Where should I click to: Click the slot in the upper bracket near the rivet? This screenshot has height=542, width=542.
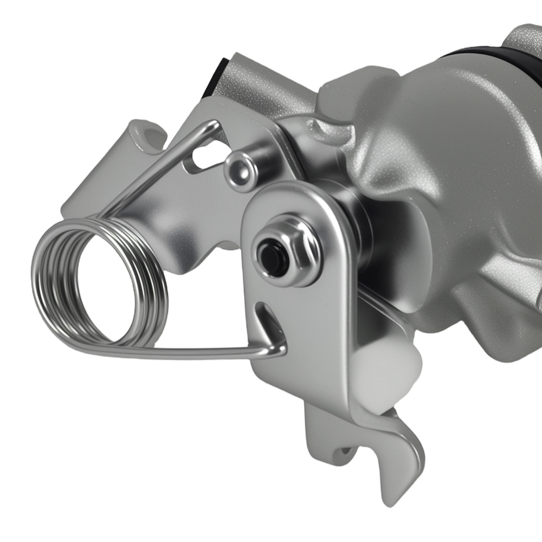[203, 157]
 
